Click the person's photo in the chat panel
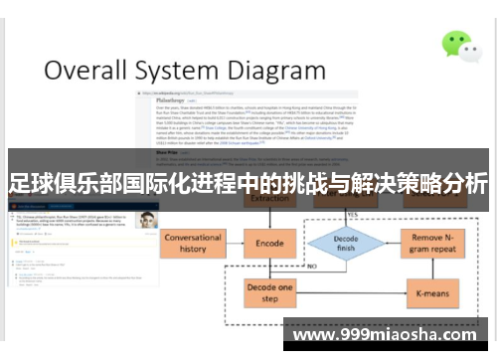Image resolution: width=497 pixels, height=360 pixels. point(147,219)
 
